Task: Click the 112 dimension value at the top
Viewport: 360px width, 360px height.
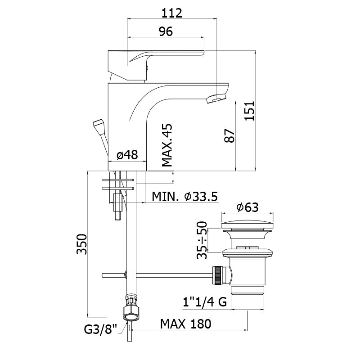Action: [x=172, y=13]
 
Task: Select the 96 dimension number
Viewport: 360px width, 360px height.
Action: [x=166, y=31]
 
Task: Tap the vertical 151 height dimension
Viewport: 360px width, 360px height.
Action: [x=249, y=110]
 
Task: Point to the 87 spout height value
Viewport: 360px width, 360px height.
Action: [x=230, y=136]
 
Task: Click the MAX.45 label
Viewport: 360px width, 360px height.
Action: [x=167, y=145]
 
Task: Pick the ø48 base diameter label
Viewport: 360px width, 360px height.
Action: [x=127, y=155]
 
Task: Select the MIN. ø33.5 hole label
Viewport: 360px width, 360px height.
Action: [x=184, y=197]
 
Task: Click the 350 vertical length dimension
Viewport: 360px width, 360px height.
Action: [x=82, y=244]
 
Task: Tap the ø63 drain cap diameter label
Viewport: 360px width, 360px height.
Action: [x=247, y=207]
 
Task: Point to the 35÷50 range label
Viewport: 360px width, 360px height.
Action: [x=202, y=240]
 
